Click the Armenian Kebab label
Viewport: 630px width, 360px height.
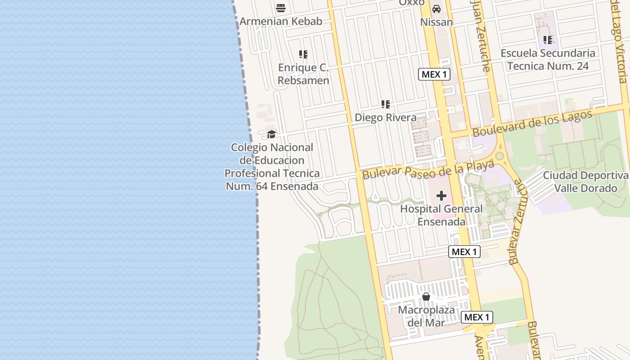281,21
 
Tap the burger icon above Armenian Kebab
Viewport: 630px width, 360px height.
281,8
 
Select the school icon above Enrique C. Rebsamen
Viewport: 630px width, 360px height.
303,54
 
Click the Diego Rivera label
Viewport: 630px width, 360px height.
386,117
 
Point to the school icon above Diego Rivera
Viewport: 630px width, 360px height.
386,104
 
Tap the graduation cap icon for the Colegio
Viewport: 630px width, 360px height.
271,134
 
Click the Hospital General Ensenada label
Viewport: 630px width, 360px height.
441,216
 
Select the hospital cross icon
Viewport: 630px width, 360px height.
441,196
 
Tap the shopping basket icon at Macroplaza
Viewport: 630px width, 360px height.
426,297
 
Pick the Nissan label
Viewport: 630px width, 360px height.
436,22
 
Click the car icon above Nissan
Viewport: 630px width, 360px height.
436,9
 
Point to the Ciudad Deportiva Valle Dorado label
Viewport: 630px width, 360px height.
585,181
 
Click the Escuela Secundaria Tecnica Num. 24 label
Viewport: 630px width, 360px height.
548,59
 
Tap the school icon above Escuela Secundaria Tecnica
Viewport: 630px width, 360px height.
548,40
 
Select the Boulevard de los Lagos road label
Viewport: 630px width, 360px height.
532,122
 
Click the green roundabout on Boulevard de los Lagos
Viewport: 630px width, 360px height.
499,156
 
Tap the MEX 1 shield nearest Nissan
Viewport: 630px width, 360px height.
434,74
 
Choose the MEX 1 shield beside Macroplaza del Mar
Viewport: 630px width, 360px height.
477,317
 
